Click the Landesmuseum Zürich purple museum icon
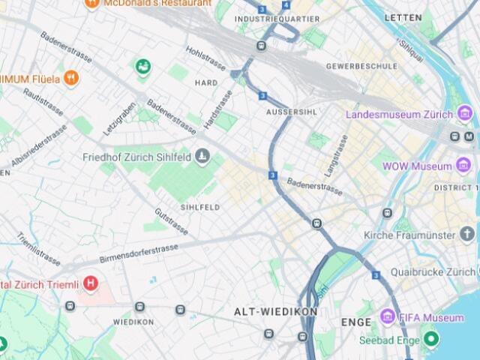pyautogui.click(x=465, y=115)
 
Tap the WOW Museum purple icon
pyautogui.click(x=464, y=166)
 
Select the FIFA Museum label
pyautogui.click(x=433, y=317)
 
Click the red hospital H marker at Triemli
pyautogui.click(x=91, y=283)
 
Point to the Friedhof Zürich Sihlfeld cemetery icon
pyautogui.click(x=201, y=157)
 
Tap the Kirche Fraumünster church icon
pyautogui.click(x=466, y=235)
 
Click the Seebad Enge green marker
pyautogui.click(x=430, y=339)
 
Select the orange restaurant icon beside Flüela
pyautogui.click(x=71, y=76)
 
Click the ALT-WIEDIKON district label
pyautogui.click(x=275, y=311)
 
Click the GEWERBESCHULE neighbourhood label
pyautogui.click(x=361, y=66)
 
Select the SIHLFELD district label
pyautogui.click(x=199, y=206)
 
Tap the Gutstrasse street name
pyautogui.click(x=171, y=221)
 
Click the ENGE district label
pyautogui.click(x=355, y=322)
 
